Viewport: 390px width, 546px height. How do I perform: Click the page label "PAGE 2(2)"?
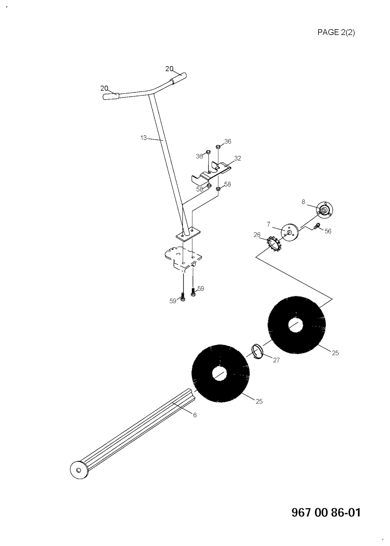tap(336, 32)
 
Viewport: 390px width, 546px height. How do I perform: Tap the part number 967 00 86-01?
tap(326, 512)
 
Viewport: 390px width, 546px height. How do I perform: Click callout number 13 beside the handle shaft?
tap(144, 138)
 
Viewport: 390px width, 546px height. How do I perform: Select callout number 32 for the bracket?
tap(238, 158)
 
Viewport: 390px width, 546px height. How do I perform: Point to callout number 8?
tap(304, 202)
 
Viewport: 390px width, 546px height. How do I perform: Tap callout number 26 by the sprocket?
tap(257, 235)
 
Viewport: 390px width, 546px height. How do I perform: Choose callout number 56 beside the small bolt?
tap(328, 231)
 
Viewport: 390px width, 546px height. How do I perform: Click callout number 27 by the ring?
tap(276, 360)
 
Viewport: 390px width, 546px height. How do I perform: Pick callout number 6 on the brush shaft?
tap(195, 415)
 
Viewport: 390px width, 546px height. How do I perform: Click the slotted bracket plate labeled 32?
tap(211, 172)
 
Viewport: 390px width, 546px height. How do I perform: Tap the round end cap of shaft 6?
tap(79, 469)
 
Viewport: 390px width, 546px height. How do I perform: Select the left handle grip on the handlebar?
tap(111, 96)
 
